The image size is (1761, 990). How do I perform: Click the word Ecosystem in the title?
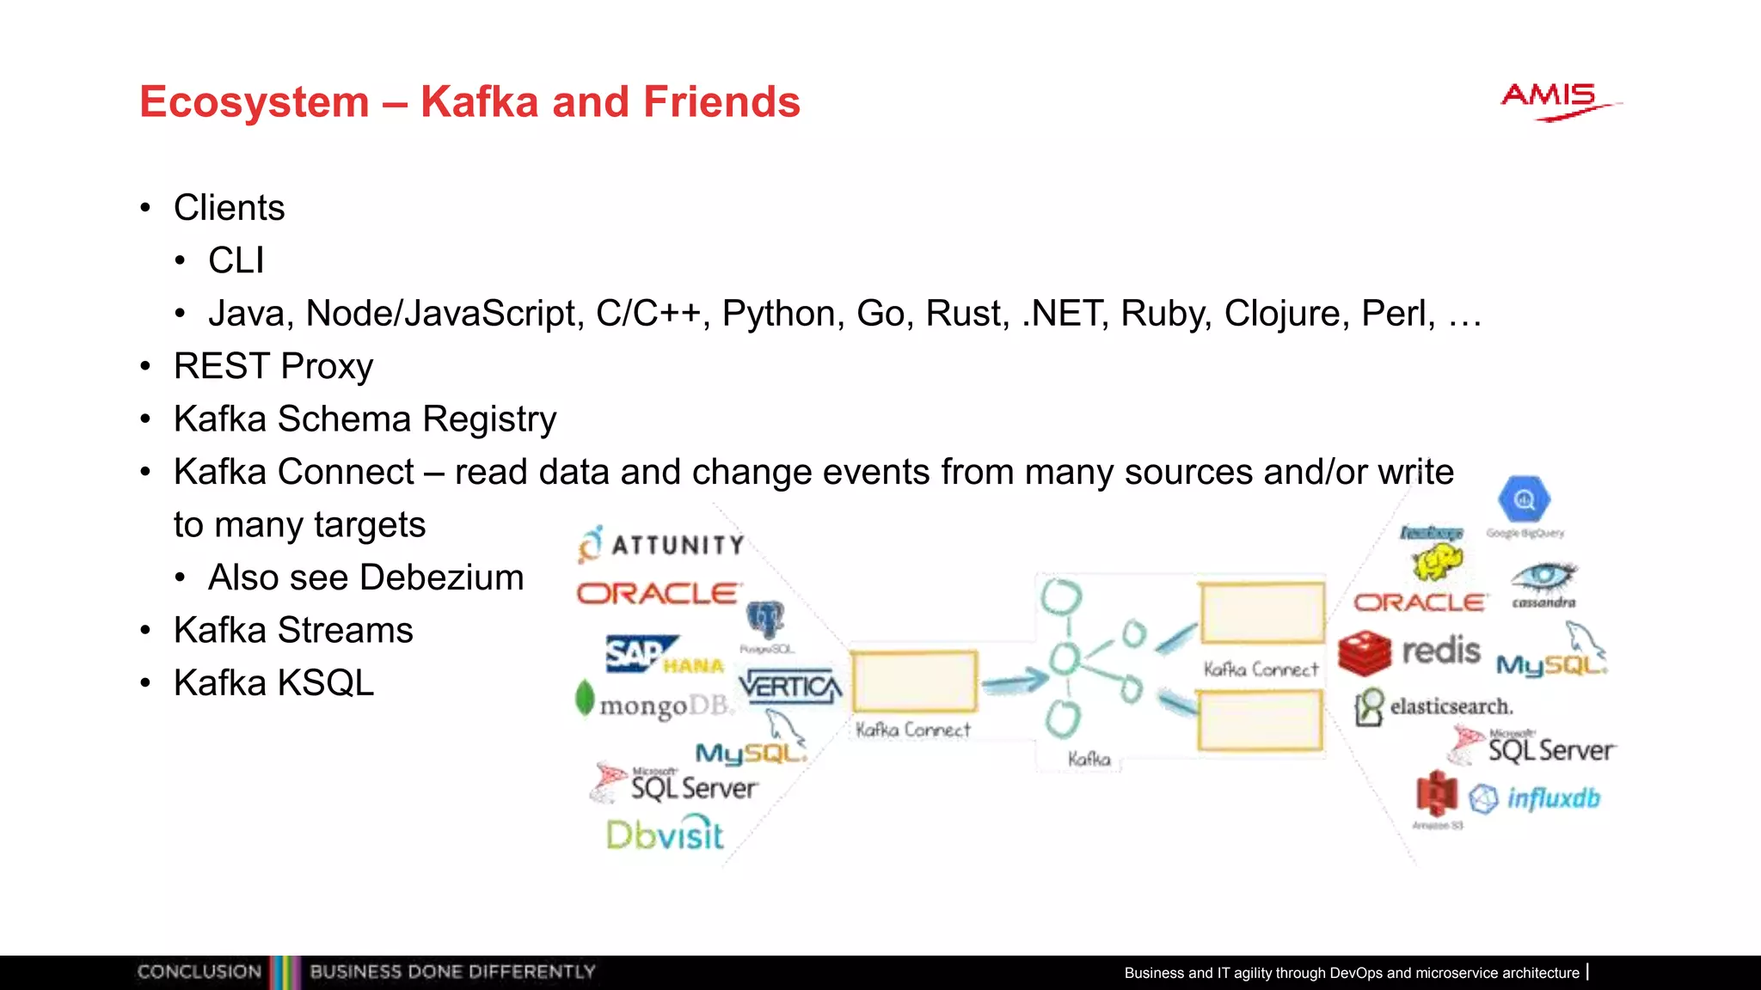pyautogui.click(x=254, y=101)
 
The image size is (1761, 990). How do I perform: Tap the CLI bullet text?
pyautogui.click(x=236, y=260)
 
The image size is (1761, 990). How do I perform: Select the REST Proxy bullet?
pyautogui.click(x=273, y=366)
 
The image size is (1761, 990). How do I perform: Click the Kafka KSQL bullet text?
pyautogui.click(x=273, y=683)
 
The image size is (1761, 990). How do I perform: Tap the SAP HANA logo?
pyautogui.click(x=663, y=656)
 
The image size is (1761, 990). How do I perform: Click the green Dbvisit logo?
pyautogui.click(x=665, y=834)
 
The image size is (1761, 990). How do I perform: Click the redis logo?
pyautogui.click(x=1410, y=651)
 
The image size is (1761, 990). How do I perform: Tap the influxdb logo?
pyautogui.click(x=1536, y=798)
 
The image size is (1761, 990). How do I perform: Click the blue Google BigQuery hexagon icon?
pyautogui.click(x=1524, y=499)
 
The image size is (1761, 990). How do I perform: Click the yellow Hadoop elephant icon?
pyautogui.click(x=1436, y=563)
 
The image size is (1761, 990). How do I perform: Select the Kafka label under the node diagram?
pyautogui.click(x=1089, y=759)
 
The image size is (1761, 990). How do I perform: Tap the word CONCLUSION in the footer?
pyautogui.click(x=199, y=972)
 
